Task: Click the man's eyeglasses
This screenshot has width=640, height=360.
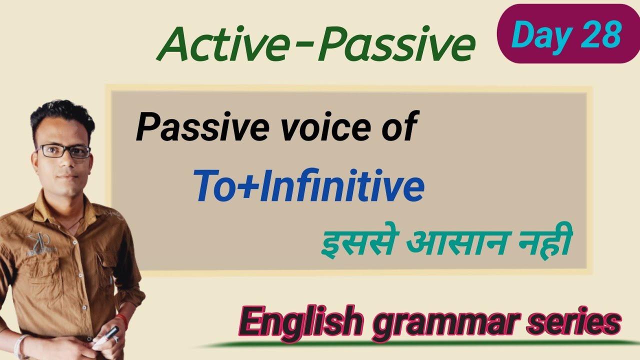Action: [63, 151]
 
